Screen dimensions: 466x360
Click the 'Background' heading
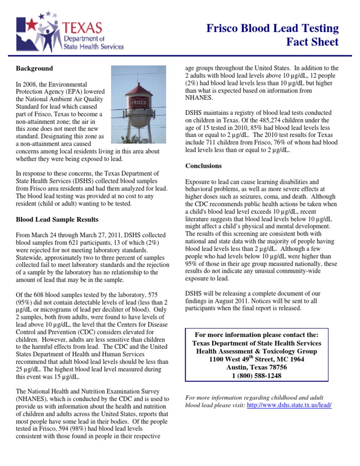[x=35, y=68]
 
